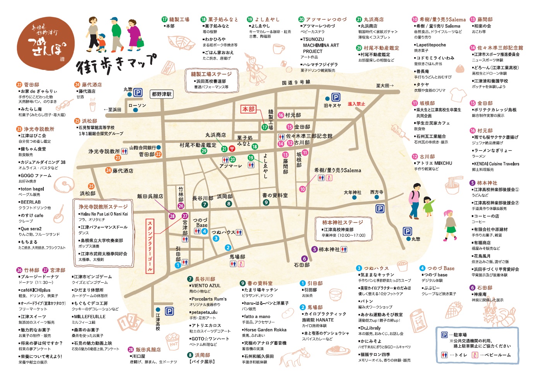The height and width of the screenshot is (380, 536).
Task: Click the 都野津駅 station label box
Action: [162, 94]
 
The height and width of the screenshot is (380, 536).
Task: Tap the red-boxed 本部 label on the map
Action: [248, 109]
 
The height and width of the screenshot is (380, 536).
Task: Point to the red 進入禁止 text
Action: [356, 104]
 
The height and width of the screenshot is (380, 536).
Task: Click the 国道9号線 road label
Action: [296, 82]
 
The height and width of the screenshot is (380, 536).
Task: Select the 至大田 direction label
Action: [385, 85]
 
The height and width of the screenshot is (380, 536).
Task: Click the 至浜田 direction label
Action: [113, 110]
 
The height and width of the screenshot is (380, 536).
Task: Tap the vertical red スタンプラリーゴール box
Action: [150, 246]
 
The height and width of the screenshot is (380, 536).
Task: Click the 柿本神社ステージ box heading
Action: [342, 222]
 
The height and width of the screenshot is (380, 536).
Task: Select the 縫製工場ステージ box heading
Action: [211, 74]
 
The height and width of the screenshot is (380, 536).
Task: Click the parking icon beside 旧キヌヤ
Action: [336, 97]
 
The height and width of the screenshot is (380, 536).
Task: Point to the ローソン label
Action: [137, 105]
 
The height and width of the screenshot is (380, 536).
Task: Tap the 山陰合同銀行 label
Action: [142, 148]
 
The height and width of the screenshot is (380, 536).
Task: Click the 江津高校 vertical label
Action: [158, 322]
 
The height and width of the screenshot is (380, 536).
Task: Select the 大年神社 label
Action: [352, 192]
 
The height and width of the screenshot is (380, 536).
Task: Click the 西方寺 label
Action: [376, 192]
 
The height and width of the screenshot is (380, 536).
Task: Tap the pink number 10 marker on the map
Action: [302, 189]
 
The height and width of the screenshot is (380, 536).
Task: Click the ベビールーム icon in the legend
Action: [475, 355]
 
